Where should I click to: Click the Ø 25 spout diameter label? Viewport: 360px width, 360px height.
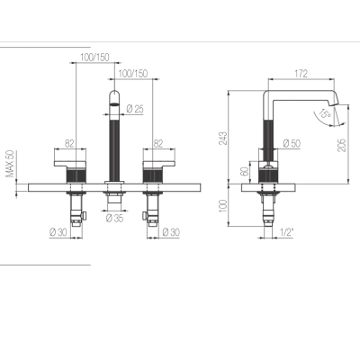135,109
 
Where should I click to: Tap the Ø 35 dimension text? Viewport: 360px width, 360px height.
114,218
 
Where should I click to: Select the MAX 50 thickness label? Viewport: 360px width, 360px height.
10,164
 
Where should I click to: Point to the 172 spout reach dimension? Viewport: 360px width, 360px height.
301,74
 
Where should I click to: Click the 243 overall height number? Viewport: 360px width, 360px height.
223,138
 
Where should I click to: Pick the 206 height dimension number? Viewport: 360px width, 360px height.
342,145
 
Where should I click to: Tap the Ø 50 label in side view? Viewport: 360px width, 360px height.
292,143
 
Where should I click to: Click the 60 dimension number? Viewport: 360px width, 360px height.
245,171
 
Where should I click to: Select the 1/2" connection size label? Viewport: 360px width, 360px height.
287,232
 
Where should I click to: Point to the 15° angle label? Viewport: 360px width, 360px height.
325,113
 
